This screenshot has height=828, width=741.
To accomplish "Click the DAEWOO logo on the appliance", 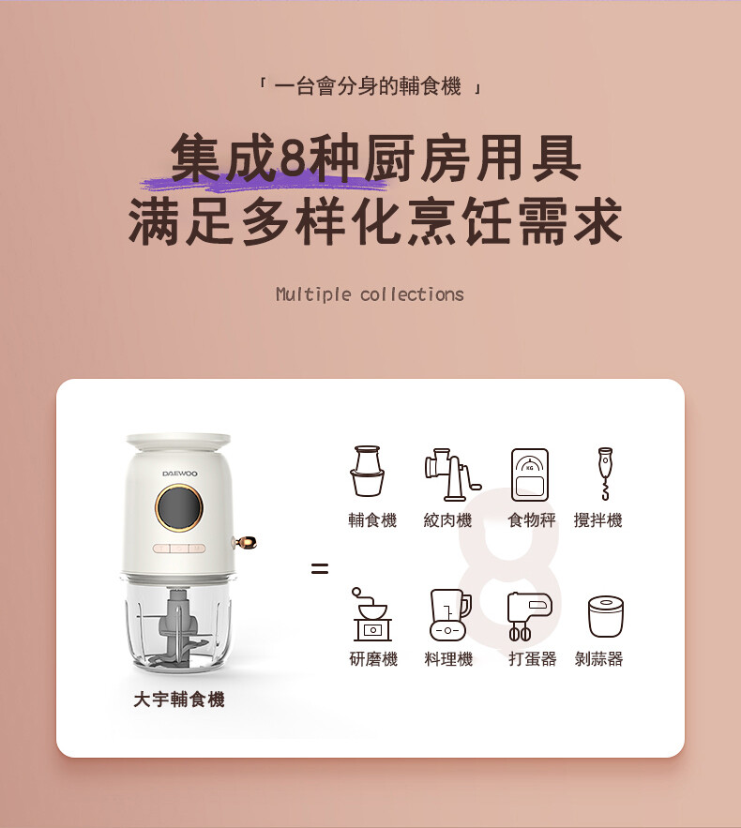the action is click(x=179, y=474).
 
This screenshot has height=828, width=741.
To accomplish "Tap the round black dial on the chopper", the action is click(x=179, y=508).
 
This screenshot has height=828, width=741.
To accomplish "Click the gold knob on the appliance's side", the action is click(x=245, y=542).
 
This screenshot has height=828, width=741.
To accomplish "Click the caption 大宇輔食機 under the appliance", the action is click(x=179, y=700).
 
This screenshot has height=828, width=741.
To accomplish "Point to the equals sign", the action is click(x=320, y=568).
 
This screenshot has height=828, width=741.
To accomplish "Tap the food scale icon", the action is click(x=530, y=474).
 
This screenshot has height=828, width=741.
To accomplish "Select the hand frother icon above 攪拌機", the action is click(x=605, y=474).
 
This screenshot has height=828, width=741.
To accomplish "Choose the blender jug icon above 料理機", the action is click(x=450, y=614).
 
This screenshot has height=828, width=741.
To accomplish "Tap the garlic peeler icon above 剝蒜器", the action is click(x=606, y=616).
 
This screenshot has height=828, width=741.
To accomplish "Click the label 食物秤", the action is click(x=531, y=520).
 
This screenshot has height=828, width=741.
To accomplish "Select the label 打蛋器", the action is click(x=533, y=658).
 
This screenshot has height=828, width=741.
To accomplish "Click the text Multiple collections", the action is click(x=370, y=294).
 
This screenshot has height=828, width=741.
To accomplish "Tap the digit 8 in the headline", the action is click(x=294, y=158).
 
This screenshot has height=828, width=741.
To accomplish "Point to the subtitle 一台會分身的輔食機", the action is click(x=368, y=86).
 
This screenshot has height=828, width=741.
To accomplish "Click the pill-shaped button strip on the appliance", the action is click(x=179, y=549).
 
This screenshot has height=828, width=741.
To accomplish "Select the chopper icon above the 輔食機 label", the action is click(x=367, y=471).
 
